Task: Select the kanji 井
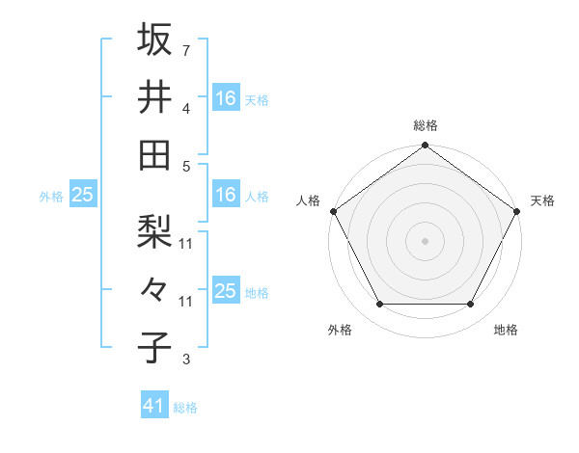pyautogui.click(x=154, y=96)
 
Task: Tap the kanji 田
pyautogui.click(x=154, y=154)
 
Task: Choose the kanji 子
pyautogui.click(x=154, y=347)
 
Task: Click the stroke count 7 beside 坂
pyautogui.click(x=185, y=49)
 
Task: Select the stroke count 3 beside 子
pyautogui.click(x=185, y=360)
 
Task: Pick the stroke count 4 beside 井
pyautogui.click(x=185, y=108)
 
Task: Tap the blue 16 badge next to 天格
pyautogui.click(x=226, y=97)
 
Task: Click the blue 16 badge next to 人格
pyautogui.click(x=226, y=195)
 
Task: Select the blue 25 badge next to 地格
pyautogui.click(x=226, y=291)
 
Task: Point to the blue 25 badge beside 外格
pyautogui.click(x=82, y=195)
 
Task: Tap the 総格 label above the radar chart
pyautogui.click(x=425, y=126)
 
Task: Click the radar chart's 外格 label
pyautogui.click(x=340, y=331)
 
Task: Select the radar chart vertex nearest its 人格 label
pyautogui.click(x=333, y=211)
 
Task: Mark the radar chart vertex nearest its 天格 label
pyautogui.click(x=517, y=211)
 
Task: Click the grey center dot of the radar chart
pyautogui.click(x=425, y=241)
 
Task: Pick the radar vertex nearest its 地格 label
pyautogui.click(x=471, y=305)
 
